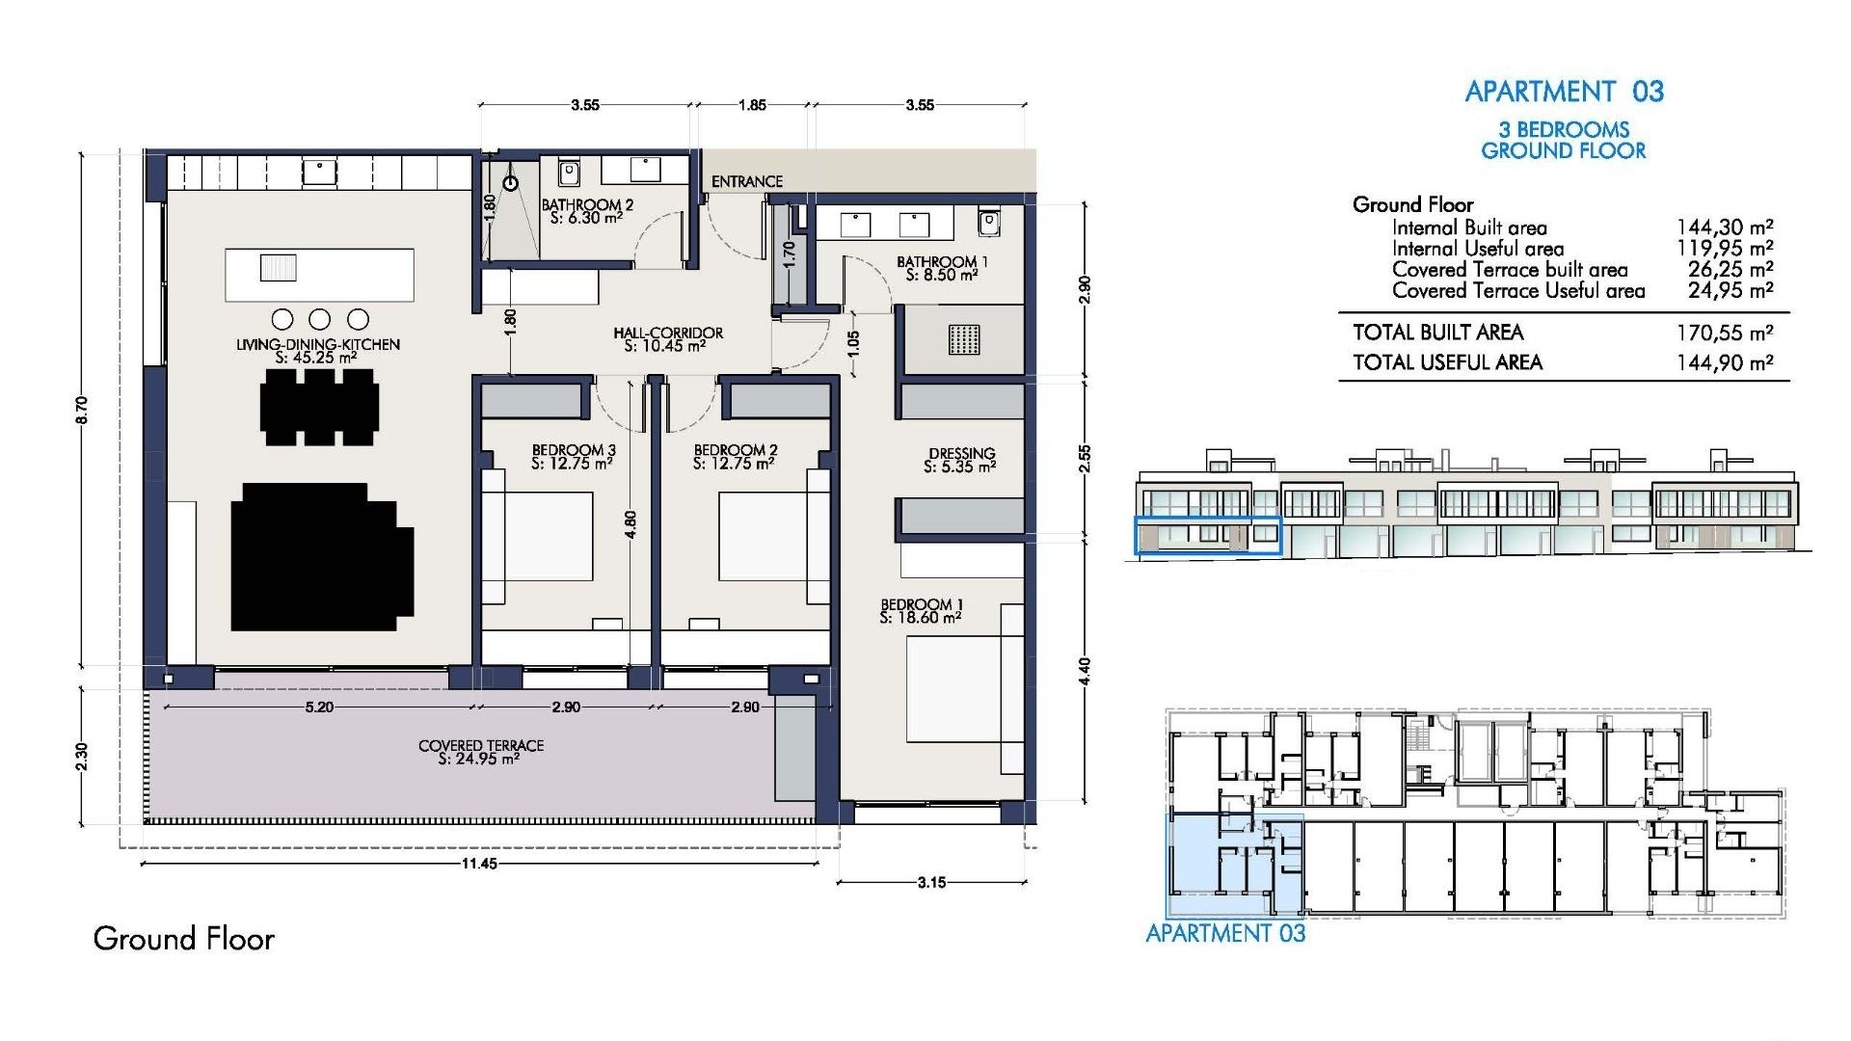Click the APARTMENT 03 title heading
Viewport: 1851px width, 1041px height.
1564,92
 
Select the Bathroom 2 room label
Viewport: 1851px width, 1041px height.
587,211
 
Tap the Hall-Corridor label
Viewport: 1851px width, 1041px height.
667,339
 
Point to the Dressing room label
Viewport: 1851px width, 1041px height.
960,460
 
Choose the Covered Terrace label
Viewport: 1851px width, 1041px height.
480,752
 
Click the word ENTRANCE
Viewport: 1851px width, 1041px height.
746,181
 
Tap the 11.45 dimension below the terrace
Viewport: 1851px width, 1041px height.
478,864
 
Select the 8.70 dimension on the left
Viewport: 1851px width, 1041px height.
82,410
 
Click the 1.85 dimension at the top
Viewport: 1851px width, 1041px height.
752,105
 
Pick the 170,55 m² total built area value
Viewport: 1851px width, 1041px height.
1724,334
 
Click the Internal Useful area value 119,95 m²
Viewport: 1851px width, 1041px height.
1724,249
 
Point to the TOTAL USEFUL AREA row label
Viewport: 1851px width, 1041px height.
1447,362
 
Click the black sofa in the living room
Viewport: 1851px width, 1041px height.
321,557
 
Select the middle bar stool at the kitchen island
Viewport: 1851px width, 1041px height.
319,319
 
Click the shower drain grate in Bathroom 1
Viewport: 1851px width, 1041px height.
963,339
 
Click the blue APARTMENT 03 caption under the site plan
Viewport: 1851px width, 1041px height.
1224,933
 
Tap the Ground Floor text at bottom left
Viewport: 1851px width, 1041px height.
183,939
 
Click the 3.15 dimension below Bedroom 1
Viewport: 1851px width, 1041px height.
931,882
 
